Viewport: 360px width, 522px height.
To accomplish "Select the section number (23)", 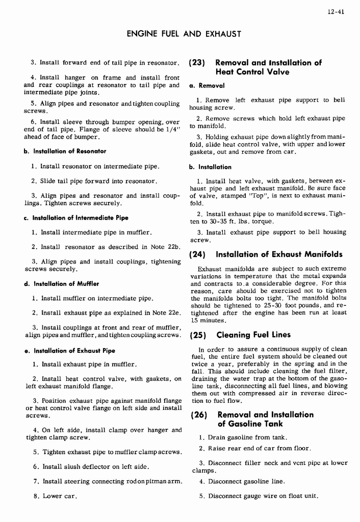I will point(197,63).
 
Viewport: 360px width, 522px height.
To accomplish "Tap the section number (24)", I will point(197,254).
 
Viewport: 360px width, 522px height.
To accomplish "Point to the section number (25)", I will point(197,335).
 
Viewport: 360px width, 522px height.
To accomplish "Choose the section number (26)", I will point(197,414).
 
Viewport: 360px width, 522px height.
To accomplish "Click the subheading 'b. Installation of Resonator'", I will point(64,151).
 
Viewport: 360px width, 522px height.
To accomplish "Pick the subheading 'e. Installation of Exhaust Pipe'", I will point(69,350).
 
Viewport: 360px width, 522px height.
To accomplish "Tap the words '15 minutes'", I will point(209,320).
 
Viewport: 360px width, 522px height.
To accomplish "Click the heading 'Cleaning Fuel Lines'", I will point(253,335).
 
